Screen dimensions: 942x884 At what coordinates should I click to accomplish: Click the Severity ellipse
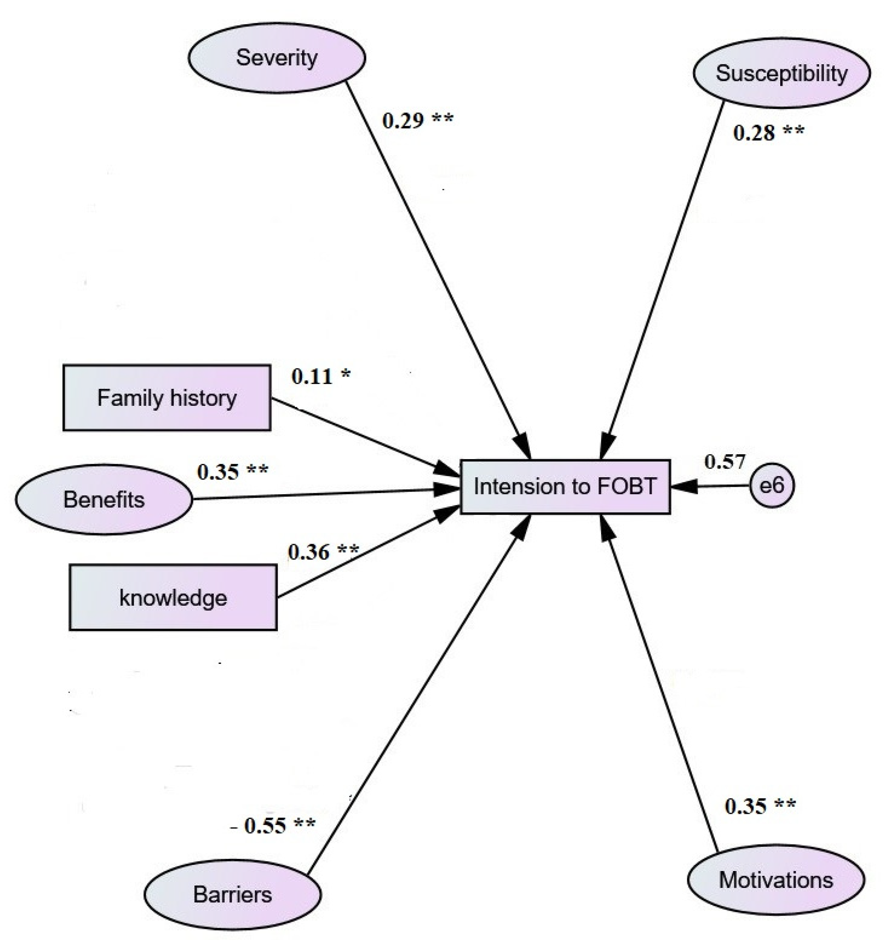277,58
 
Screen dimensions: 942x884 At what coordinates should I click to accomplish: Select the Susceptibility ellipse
781,73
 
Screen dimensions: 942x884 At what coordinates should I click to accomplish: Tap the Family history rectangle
167,398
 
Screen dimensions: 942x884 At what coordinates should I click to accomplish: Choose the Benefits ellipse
104,500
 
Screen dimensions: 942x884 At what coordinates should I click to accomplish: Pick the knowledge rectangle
173,597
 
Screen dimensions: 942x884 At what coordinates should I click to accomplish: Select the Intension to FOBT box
565,487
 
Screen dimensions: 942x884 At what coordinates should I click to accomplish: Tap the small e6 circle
772,486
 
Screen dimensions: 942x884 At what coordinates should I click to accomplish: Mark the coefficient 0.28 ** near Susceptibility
768,133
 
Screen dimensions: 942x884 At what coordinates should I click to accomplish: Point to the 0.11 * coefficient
321,376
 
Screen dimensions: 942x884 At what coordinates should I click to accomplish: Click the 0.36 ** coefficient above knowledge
323,552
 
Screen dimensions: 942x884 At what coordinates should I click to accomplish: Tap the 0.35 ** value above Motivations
760,806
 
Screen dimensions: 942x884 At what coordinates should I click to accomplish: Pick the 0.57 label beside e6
724,461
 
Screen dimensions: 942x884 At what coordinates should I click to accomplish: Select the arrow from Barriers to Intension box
417,696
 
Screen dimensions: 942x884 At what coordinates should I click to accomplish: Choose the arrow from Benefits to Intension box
322,494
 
